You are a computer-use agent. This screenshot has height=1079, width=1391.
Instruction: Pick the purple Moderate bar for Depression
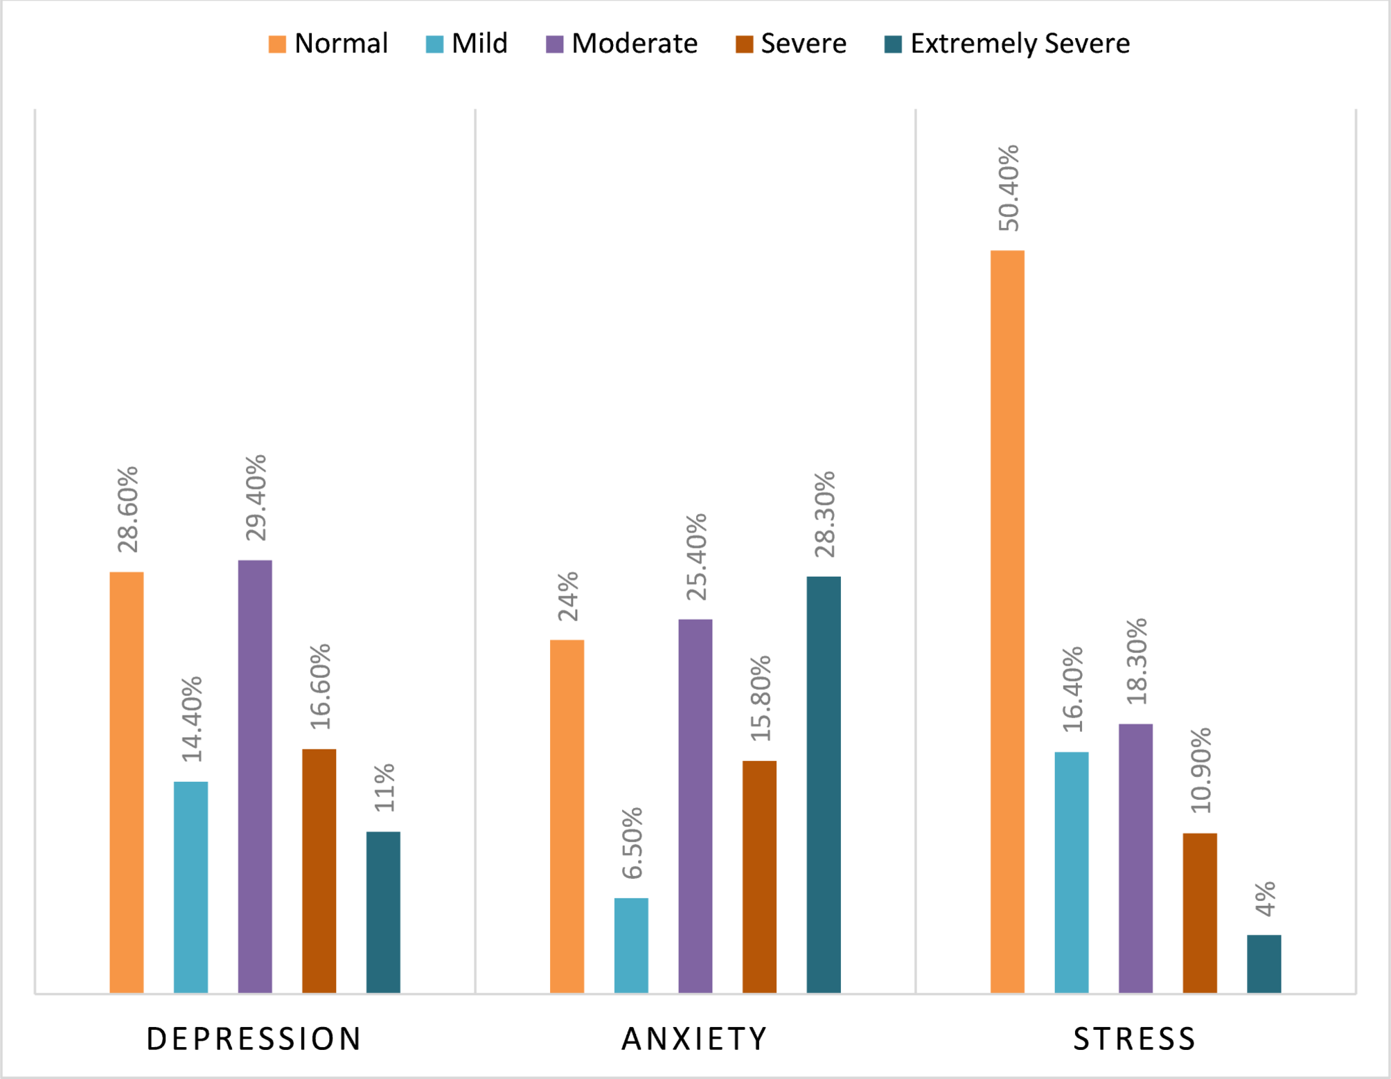point(255,776)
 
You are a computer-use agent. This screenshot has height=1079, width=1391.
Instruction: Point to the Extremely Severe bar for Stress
point(1264,964)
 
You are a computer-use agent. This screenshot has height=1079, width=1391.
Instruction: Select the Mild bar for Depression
point(191,887)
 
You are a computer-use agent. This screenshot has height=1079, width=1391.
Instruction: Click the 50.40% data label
point(1009,188)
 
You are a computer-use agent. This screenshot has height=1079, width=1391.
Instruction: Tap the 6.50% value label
point(632,843)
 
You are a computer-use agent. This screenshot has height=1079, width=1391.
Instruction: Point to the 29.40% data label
point(256,497)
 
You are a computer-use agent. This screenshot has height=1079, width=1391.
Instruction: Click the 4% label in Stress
point(1265,899)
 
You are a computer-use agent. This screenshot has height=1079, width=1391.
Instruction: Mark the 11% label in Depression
point(384,787)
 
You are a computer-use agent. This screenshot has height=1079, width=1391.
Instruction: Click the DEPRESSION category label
point(254,1039)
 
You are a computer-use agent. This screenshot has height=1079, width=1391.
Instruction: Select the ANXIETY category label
point(695,1039)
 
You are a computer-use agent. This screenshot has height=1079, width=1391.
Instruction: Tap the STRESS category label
point(1135,1039)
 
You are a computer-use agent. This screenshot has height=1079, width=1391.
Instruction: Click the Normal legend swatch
point(277,44)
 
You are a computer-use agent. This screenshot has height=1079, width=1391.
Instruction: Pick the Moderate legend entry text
point(635,44)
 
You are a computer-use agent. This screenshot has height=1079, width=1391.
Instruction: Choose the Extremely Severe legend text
point(1020,44)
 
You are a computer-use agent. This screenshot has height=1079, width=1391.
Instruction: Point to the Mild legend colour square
point(434,44)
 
